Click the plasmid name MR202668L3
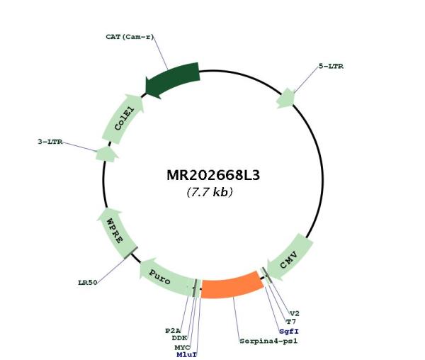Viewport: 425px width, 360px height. (213, 175)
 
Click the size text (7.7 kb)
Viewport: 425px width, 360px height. (210, 192)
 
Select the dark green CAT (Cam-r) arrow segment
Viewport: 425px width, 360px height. (174, 79)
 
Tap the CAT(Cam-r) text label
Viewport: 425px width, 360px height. (130, 37)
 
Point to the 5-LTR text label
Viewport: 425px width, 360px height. (331, 66)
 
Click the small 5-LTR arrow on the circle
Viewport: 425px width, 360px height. (286, 98)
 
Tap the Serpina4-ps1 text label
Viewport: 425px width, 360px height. (268, 341)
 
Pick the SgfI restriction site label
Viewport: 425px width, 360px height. (289, 331)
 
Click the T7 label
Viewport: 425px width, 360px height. (291, 322)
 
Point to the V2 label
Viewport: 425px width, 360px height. (295, 314)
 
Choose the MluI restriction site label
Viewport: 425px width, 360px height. (186, 354)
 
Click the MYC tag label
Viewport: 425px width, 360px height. (182, 347)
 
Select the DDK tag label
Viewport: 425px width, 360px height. (179, 338)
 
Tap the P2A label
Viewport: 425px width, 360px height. (173, 331)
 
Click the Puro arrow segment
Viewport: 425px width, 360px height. (165, 276)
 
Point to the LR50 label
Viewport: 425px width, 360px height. (88, 283)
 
